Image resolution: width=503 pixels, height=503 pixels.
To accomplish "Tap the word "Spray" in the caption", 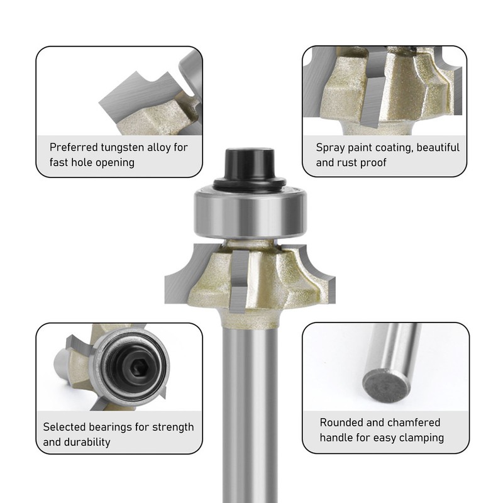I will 331,148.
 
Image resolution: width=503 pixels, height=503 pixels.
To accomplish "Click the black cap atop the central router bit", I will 250,165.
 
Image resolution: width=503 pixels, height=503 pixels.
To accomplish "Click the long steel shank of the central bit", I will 250,409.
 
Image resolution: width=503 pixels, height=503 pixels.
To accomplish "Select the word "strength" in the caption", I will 172,427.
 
